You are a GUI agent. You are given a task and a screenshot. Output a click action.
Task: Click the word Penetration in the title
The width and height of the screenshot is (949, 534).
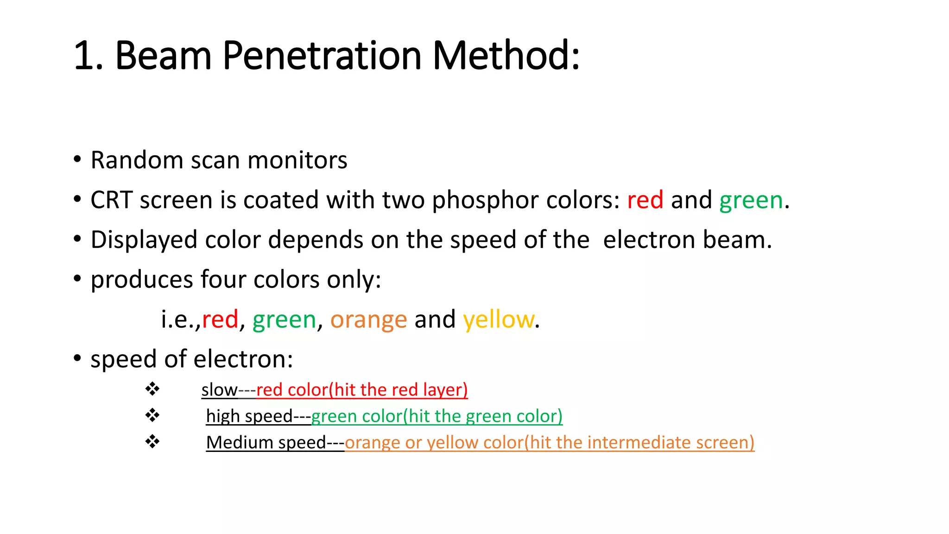click(x=322, y=56)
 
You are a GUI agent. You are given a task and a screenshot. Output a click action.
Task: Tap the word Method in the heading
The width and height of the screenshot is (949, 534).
click(x=502, y=56)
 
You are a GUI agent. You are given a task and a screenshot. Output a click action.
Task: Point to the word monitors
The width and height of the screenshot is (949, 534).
click(x=297, y=160)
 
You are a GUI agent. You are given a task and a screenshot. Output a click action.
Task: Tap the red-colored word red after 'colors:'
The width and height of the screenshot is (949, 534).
click(x=645, y=200)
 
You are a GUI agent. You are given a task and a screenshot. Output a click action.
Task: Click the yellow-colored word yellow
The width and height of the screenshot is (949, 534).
click(x=498, y=320)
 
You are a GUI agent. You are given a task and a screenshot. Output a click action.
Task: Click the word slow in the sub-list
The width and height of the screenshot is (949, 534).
click(x=219, y=390)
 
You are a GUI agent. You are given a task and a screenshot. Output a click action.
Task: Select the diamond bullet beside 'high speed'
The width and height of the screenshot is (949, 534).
click(x=152, y=415)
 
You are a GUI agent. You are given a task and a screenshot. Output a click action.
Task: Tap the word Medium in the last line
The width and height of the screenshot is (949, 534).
click(x=240, y=442)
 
